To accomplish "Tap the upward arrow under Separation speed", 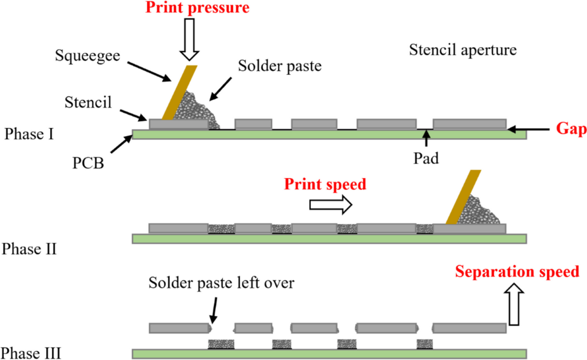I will (x=516, y=307).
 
